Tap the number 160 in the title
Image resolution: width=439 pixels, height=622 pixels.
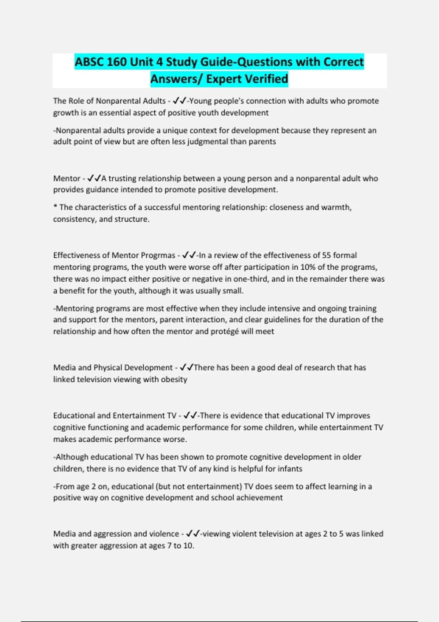point(117,62)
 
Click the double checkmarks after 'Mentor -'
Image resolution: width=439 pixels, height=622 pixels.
point(94,178)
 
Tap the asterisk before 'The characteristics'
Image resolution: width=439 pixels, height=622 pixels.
point(55,207)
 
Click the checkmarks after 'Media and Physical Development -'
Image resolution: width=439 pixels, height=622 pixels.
point(187,367)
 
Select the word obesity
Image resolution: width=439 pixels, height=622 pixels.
point(174,379)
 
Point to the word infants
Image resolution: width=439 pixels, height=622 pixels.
point(290,469)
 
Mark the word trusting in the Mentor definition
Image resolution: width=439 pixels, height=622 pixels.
point(122,179)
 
